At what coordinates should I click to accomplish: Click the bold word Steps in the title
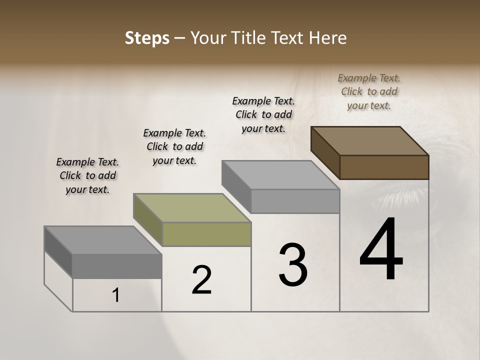coord(146,38)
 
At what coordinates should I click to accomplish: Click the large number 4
coord(381,250)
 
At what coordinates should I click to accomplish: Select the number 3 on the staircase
coord(293,265)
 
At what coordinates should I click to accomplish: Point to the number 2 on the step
coord(202,280)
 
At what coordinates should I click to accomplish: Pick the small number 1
coord(116,295)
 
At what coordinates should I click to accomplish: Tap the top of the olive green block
coord(192,208)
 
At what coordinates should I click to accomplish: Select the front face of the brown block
coord(384,167)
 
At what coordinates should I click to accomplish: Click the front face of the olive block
coord(206,234)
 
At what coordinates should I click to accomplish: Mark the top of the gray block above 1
coord(103,240)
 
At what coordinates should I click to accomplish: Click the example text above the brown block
coord(369,91)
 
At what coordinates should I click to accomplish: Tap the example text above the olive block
coord(174,146)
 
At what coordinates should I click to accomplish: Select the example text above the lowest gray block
coord(87,175)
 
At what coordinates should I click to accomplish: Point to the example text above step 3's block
coord(263,114)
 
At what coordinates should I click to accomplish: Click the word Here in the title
coord(328,38)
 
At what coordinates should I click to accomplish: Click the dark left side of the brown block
coord(325,152)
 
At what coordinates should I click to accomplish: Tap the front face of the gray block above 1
coord(117,266)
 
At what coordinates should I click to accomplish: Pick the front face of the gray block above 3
coord(295,201)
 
